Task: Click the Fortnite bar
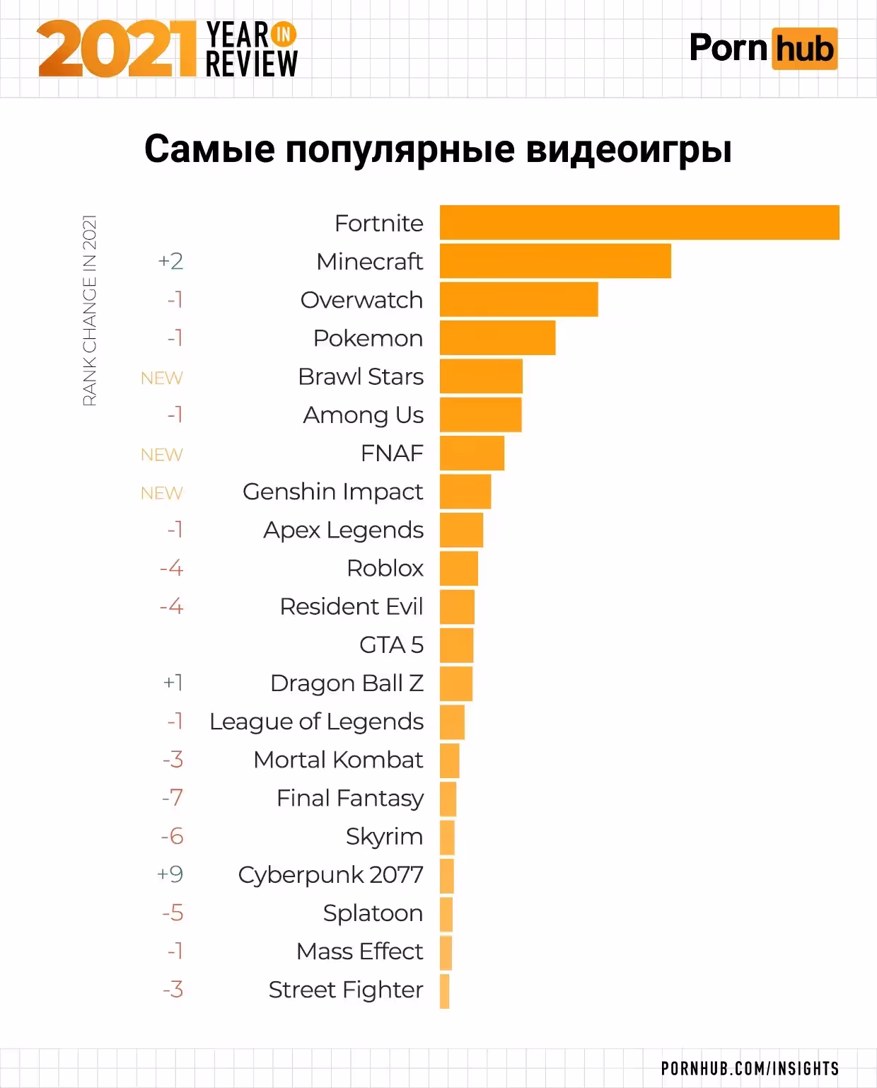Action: (x=639, y=223)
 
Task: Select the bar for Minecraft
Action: (x=555, y=261)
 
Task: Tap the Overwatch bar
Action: (x=518, y=299)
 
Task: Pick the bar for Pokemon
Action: (x=497, y=337)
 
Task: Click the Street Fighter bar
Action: (x=444, y=990)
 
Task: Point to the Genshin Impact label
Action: (x=332, y=492)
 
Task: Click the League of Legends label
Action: (x=316, y=722)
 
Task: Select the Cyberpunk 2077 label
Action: (x=330, y=875)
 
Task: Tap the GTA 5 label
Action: (x=391, y=645)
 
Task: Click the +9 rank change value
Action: (x=170, y=874)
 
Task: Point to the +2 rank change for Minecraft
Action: (x=170, y=261)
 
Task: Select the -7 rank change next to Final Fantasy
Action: (x=172, y=798)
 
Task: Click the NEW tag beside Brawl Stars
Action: (x=161, y=378)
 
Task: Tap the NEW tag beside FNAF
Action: (x=161, y=454)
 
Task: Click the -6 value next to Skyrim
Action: (x=172, y=836)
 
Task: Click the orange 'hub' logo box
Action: (x=804, y=49)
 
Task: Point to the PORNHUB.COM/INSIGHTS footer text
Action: (x=750, y=1068)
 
